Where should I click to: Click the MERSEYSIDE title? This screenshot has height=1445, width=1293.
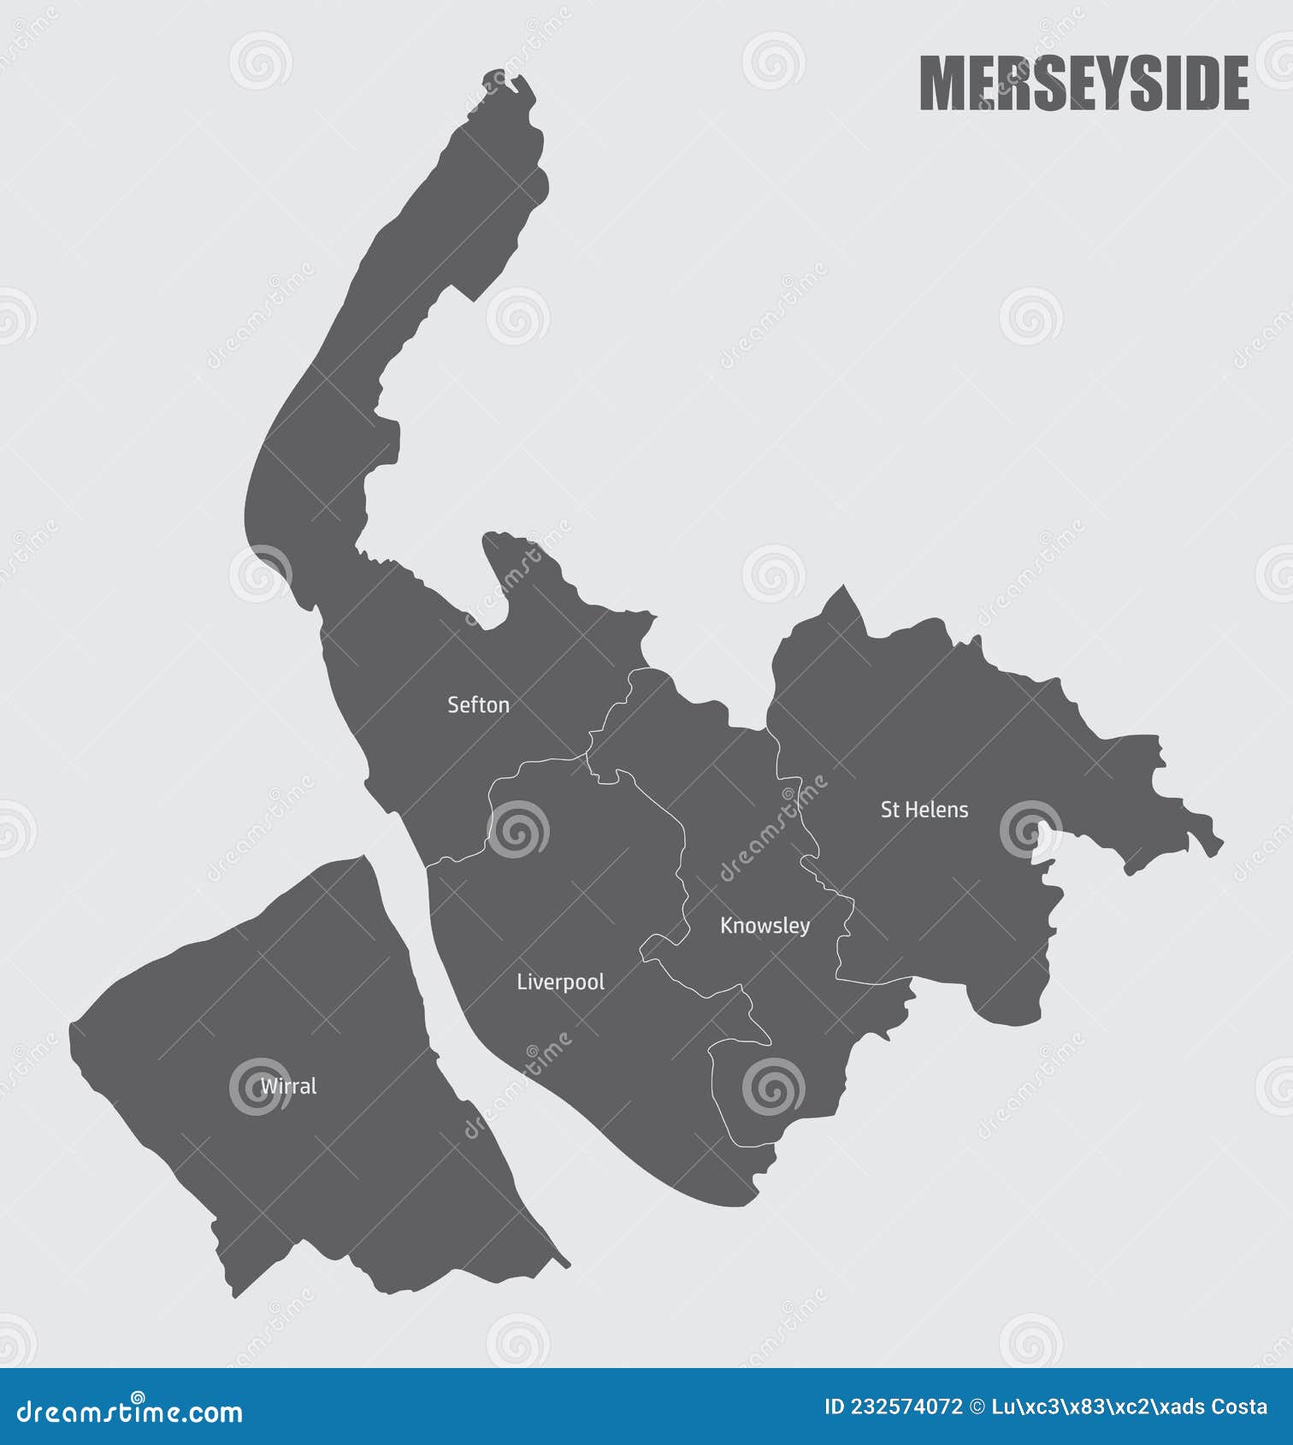coord(1083,84)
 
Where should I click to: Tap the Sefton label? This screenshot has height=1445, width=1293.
coord(478,705)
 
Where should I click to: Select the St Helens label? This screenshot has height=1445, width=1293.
coord(924,810)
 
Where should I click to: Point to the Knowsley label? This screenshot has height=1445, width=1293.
coord(765,926)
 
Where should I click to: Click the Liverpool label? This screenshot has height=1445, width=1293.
coord(560,982)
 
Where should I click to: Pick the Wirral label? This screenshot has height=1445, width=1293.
coord(288,1087)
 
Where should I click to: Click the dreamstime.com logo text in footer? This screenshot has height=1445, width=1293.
coord(130,1413)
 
